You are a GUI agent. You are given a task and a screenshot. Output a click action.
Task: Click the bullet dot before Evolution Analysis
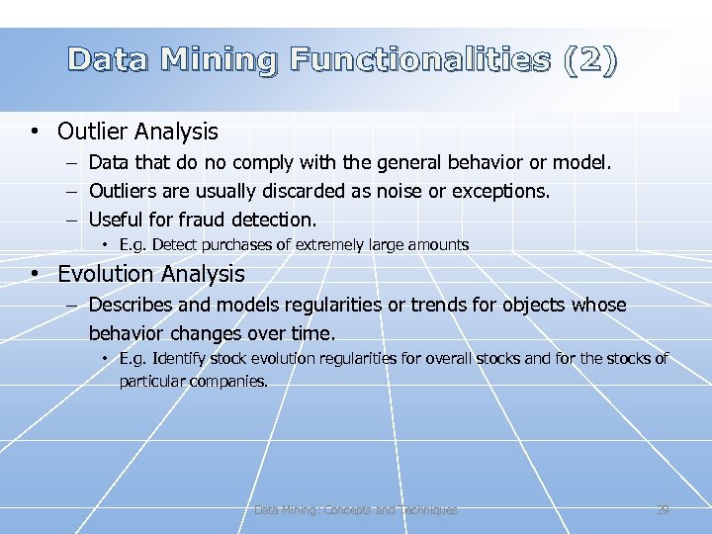click(35, 274)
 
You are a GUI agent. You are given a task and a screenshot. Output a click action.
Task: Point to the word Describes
click(132, 306)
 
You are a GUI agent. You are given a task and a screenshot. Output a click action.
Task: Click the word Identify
click(184, 359)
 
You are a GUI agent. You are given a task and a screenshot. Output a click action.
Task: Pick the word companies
click(230, 381)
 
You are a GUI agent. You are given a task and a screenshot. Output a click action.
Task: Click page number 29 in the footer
click(663, 510)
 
